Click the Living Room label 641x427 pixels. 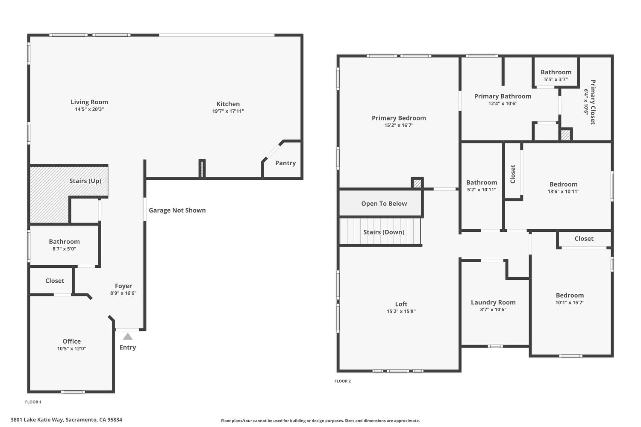89,102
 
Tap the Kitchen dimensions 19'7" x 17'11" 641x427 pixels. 228,111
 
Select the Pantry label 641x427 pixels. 285,163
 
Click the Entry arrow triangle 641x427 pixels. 128,336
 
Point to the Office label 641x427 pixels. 71,342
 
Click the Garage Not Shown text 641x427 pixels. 177,211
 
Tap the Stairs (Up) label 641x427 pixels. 85,181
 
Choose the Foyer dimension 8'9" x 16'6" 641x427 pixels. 123,293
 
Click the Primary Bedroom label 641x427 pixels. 399,118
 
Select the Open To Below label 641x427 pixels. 384,204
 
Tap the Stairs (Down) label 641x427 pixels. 384,232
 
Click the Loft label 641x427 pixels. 401,304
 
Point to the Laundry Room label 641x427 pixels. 493,303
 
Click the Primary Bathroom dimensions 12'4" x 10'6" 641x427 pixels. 503,104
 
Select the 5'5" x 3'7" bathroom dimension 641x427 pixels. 556,79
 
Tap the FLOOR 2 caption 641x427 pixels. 343,381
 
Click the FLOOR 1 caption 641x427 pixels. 33,402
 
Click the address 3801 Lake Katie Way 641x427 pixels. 66,420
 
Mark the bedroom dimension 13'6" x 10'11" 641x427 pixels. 564,192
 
